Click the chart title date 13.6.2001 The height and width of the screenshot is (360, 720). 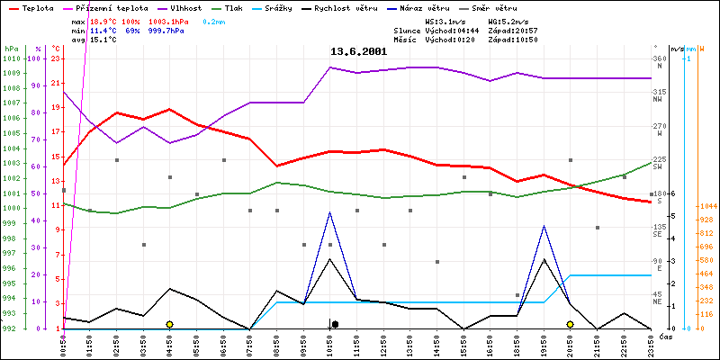point(358,51)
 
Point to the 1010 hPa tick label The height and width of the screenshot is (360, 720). point(11,58)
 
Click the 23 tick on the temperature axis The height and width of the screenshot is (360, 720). point(56,58)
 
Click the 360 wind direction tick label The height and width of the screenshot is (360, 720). point(660,58)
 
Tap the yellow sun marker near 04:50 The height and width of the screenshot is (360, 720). point(169,324)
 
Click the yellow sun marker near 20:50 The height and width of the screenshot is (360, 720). point(570,324)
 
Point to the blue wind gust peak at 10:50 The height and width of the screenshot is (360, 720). point(330,212)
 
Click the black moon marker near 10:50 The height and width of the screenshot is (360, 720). point(334,324)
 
